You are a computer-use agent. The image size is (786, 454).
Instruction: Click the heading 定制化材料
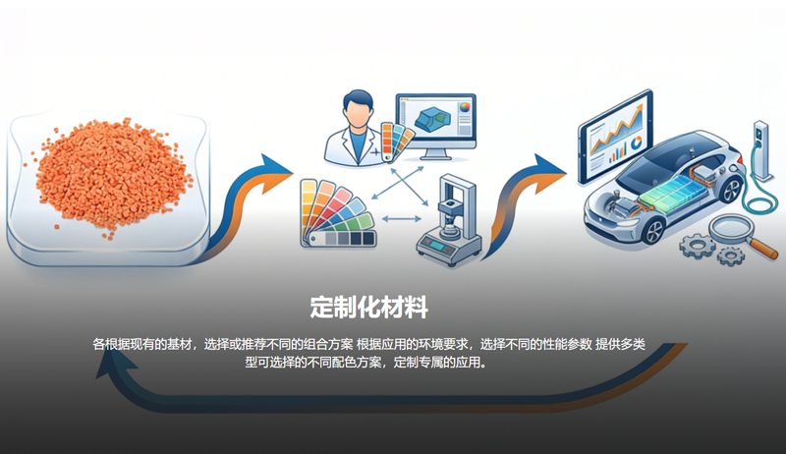[x=369, y=308]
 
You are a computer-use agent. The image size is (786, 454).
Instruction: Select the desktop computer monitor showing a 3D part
[x=435, y=125]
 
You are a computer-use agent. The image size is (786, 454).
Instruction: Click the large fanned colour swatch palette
[x=337, y=214]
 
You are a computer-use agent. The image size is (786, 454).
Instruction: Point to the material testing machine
[x=449, y=220]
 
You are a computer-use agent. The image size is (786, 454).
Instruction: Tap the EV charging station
[x=761, y=150]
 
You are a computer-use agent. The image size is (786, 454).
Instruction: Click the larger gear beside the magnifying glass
[x=698, y=246]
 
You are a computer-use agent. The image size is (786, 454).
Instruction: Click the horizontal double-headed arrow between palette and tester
[x=402, y=219]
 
